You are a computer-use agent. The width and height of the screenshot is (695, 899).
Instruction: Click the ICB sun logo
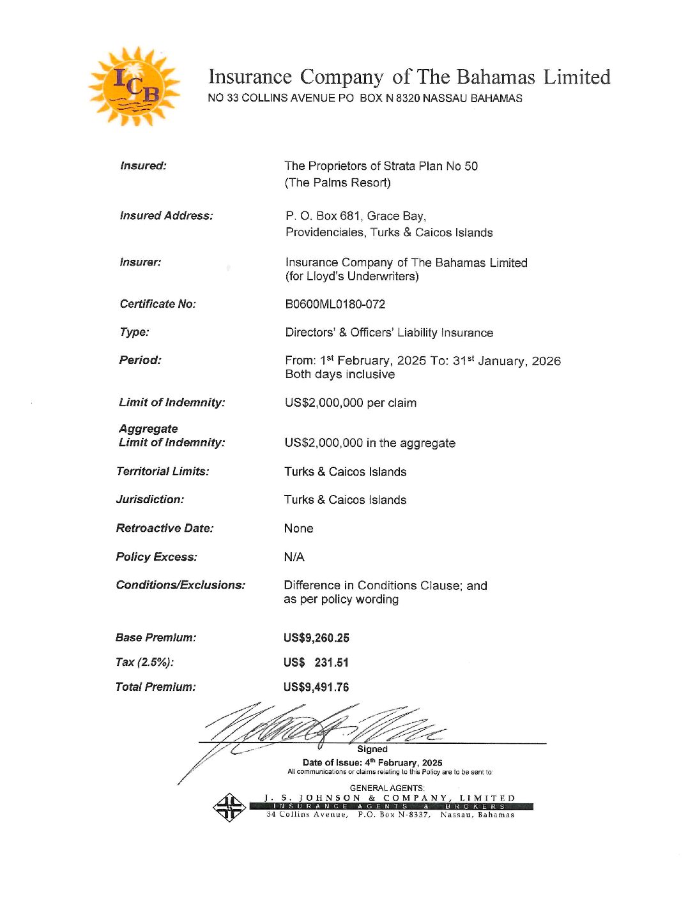(134, 86)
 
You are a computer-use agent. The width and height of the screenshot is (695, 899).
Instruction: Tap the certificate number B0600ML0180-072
(335, 305)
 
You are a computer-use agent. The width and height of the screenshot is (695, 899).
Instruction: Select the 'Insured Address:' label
(166, 216)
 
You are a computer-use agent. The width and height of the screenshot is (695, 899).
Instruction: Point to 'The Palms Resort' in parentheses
(337, 183)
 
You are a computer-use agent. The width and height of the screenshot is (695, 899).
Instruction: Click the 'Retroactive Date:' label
(165, 528)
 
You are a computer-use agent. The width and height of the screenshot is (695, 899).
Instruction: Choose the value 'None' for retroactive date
(298, 529)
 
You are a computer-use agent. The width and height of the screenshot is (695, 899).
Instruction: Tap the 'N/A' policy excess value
(294, 557)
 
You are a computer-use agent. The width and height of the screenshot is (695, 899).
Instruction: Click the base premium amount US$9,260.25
(316, 638)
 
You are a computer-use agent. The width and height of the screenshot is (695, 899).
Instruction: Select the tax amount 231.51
(331, 663)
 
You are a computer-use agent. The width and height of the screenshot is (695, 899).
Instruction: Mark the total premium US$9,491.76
(316, 687)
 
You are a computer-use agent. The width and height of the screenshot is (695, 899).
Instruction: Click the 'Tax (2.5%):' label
(144, 662)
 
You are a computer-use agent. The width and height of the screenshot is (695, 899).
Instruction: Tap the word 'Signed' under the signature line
(372, 749)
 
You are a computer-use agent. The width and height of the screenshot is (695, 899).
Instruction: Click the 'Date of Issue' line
(372, 762)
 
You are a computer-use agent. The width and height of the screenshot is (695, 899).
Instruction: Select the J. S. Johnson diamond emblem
(229, 807)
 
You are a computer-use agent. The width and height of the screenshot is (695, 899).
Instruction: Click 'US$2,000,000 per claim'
(350, 403)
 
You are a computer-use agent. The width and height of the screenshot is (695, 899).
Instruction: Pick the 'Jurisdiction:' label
(150, 499)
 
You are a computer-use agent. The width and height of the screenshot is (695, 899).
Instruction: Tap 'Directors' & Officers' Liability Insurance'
(389, 333)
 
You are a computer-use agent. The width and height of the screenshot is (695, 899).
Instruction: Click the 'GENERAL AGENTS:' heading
(387, 788)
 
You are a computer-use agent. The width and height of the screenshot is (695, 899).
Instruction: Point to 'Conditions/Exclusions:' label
(181, 585)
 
